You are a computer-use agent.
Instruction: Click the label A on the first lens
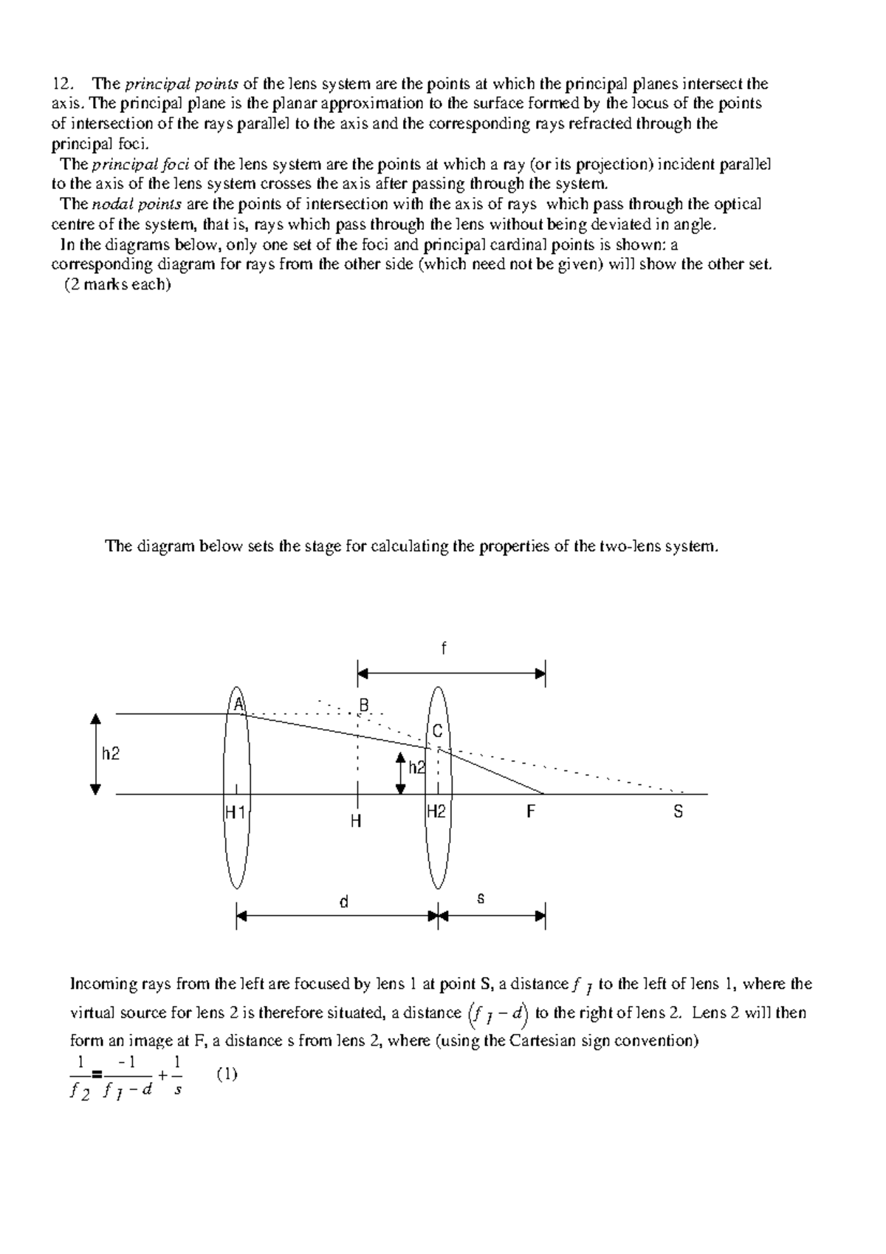click(x=238, y=705)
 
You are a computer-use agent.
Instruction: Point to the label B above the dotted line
click(x=363, y=706)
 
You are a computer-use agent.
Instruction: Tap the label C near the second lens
click(x=437, y=731)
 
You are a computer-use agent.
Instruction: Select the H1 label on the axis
click(x=236, y=812)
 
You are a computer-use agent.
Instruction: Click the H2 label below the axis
click(x=436, y=812)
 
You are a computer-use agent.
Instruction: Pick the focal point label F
click(x=530, y=812)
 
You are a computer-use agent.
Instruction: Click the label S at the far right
click(x=678, y=812)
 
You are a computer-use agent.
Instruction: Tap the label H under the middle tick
click(x=356, y=821)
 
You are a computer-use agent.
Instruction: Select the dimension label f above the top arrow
click(x=444, y=648)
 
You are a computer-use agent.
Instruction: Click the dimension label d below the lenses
click(x=343, y=902)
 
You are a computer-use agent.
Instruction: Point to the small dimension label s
click(x=481, y=899)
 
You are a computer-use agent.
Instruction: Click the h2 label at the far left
click(x=111, y=754)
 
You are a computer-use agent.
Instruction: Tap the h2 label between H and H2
click(x=417, y=768)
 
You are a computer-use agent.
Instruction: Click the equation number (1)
click(x=227, y=1074)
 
